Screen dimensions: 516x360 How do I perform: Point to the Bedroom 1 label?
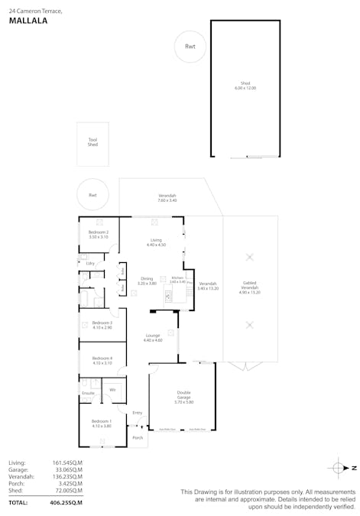coord(102,423)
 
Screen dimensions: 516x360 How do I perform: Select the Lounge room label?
coord(153,337)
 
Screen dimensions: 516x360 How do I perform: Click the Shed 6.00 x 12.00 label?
coord(245,86)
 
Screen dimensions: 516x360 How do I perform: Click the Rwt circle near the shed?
coord(190,47)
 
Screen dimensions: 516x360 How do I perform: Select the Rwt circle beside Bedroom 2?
coord(92,195)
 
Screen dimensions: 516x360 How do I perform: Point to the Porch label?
coord(138,438)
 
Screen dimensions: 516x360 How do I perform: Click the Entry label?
coord(138,413)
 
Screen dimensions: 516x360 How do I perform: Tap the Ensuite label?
coord(87,394)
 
